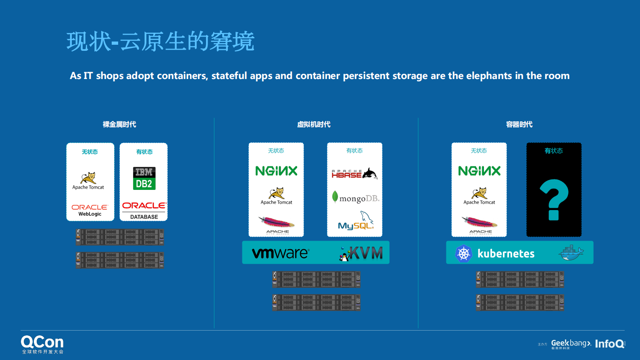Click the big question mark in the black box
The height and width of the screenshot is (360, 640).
(x=554, y=199)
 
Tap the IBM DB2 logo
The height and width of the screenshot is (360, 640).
(x=144, y=178)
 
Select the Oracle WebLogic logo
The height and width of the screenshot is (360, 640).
(x=90, y=210)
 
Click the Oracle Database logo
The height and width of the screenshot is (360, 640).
(x=144, y=210)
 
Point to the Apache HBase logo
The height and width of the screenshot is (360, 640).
(x=354, y=174)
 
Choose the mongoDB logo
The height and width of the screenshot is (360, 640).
(x=355, y=198)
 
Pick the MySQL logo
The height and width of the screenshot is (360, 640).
(x=356, y=221)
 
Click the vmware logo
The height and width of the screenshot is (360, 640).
(x=280, y=253)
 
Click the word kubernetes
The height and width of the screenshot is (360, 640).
(x=506, y=254)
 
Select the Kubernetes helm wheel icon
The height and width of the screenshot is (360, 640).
(x=463, y=254)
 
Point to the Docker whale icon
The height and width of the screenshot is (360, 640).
(x=571, y=253)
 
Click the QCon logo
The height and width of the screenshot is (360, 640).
(x=42, y=344)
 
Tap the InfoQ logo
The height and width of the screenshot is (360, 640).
(x=610, y=344)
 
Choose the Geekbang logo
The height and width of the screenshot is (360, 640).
(x=571, y=344)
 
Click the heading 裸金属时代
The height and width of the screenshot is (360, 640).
(x=119, y=125)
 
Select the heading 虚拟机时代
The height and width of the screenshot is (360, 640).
(x=314, y=125)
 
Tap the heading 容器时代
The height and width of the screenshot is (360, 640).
(x=519, y=125)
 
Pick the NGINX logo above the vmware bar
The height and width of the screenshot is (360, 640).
(x=276, y=171)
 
